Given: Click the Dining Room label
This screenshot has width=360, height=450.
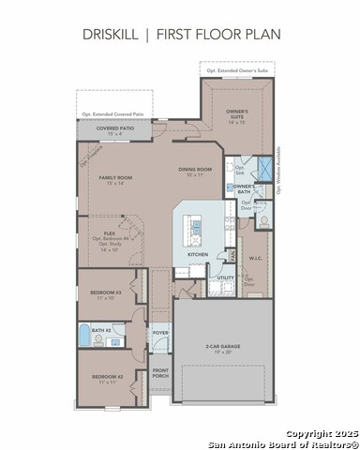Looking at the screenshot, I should coord(196,171).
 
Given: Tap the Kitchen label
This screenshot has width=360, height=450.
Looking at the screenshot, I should coord(197,254).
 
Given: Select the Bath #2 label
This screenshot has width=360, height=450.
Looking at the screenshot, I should coord(101,331).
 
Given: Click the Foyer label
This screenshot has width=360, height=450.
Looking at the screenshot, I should coord(160,331).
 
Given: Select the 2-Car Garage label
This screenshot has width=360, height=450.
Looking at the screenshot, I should coord(223,349).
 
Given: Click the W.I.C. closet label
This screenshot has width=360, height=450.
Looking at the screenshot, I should coord(255,258).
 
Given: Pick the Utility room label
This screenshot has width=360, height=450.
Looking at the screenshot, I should coord(225,277).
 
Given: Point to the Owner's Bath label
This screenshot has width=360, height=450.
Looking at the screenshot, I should coord(243,190).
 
